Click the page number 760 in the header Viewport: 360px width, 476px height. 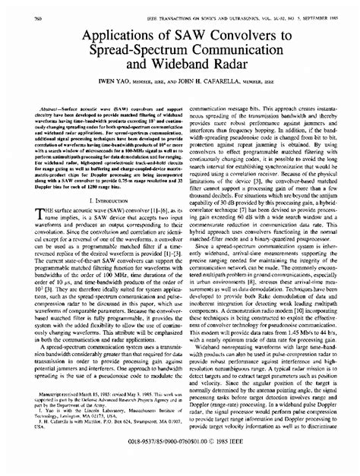tap(20, 14)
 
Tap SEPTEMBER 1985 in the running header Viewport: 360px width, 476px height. tap(320, 14)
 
